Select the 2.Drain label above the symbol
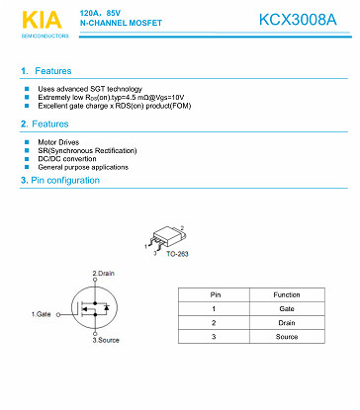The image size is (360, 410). click(x=104, y=273)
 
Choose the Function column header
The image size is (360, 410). click(x=287, y=294)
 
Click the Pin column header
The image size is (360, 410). click(x=214, y=294)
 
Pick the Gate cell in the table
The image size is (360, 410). click(x=287, y=308)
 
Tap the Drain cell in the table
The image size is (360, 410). click(x=287, y=322)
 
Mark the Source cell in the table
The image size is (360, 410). click(x=287, y=337)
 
